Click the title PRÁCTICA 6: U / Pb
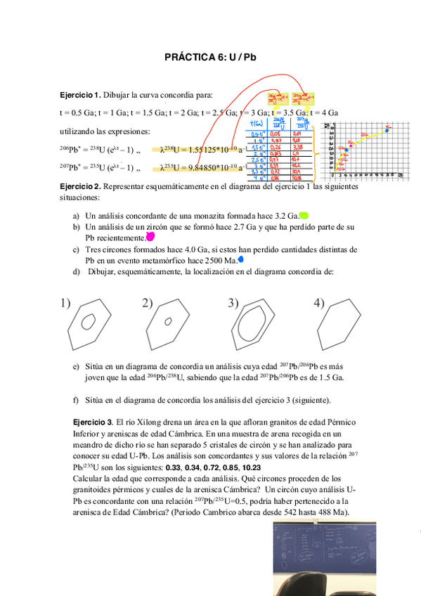(210, 58)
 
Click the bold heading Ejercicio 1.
(80, 95)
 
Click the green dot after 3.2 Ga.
(304, 216)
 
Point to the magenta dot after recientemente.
(149, 238)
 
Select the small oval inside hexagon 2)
(168, 322)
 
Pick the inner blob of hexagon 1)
(89, 321)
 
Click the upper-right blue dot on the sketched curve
(387, 131)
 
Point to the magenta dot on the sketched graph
(347, 150)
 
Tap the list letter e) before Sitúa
(76, 367)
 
